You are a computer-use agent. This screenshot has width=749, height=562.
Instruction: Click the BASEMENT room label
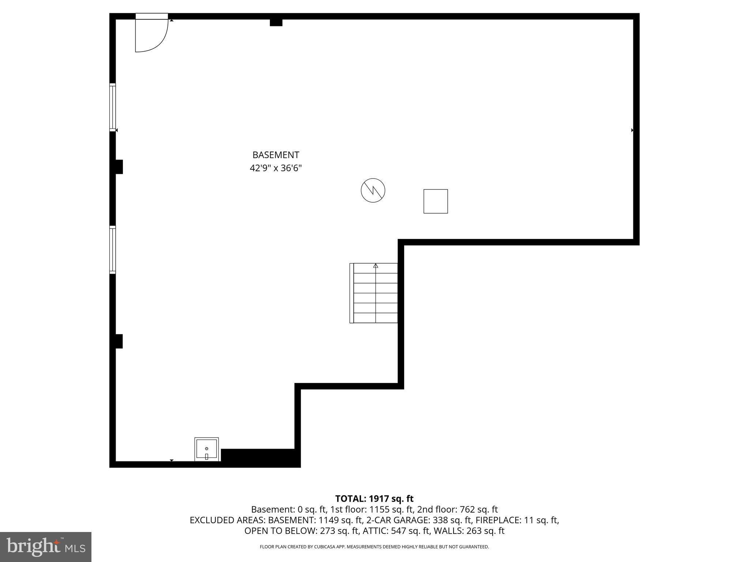tap(276, 155)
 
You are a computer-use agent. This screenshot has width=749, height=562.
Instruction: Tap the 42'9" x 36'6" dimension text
tap(276, 168)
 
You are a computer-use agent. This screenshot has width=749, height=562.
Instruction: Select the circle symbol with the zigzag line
tap(373, 190)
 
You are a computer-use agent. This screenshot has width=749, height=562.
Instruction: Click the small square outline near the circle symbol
tap(436, 201)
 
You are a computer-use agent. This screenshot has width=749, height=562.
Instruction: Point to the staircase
tap(374, 293)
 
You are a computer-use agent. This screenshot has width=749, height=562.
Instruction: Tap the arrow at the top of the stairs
tap(376, 266)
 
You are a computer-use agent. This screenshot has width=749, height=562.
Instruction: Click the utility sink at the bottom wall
tap(207, 449)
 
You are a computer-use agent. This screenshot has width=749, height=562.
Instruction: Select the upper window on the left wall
tap(113, 107)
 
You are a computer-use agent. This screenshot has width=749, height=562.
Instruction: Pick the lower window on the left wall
tap(113, 250)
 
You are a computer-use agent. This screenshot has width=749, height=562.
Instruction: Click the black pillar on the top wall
tap(276, 22)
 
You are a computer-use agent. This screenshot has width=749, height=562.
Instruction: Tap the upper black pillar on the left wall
tap(119, 167)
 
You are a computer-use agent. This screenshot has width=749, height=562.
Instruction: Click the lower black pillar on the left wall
tap(119, 341)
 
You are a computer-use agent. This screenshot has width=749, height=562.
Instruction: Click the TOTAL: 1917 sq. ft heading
tap(374, 499)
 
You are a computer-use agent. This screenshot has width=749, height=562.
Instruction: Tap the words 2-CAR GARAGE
tap(398, 520)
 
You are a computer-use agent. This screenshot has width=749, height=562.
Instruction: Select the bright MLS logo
tap(46, 547)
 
